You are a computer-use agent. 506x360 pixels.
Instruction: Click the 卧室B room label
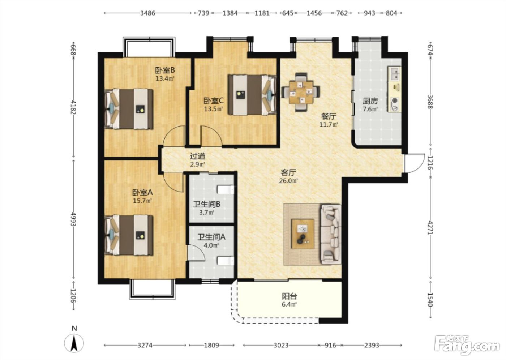165,70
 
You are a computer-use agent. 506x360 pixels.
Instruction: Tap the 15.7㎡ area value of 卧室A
142,201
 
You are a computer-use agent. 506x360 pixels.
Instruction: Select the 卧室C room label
214,101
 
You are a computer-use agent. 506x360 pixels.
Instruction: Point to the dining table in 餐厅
301,93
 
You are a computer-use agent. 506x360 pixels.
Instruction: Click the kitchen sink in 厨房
394,74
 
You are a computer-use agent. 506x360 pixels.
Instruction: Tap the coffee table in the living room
303,234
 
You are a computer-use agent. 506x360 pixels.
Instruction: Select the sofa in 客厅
331,234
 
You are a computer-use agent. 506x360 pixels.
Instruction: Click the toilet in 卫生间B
226,189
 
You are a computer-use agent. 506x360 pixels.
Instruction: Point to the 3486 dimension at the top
148,13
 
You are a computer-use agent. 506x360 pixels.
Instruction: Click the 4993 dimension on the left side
73,219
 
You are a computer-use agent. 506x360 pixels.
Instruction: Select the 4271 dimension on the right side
430,228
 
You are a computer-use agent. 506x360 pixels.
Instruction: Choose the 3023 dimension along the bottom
281,345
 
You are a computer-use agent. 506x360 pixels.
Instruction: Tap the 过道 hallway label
198,156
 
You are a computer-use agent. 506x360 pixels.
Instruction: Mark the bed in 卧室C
252,95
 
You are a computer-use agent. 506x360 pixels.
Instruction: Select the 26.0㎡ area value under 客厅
288,181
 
